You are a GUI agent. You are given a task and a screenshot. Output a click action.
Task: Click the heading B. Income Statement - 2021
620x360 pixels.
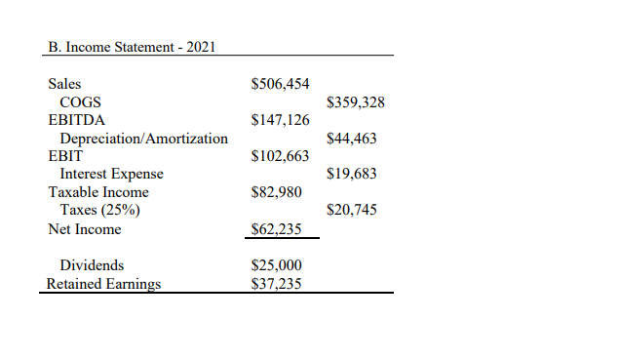(x=132, y=46)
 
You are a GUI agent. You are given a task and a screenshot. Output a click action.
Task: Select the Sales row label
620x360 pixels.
(x=66, y=84)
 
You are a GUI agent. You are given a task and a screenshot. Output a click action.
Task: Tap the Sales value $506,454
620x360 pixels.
(x=281, y=84)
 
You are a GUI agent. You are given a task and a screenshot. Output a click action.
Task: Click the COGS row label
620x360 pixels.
(x=81, y=102)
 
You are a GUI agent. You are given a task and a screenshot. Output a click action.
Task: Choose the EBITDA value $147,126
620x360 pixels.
(x=281, y=120)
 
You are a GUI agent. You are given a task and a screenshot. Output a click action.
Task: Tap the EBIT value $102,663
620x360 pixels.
(x=281, y=156)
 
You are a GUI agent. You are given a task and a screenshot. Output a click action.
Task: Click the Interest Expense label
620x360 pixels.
(x=112, y=174)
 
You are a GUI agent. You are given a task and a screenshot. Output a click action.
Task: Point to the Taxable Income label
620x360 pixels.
(x=98, y=192)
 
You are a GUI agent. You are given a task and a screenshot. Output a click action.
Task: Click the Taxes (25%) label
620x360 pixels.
(x=97, y=210)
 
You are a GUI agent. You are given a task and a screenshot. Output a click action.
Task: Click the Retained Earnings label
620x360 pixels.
(x=104, y=284)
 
